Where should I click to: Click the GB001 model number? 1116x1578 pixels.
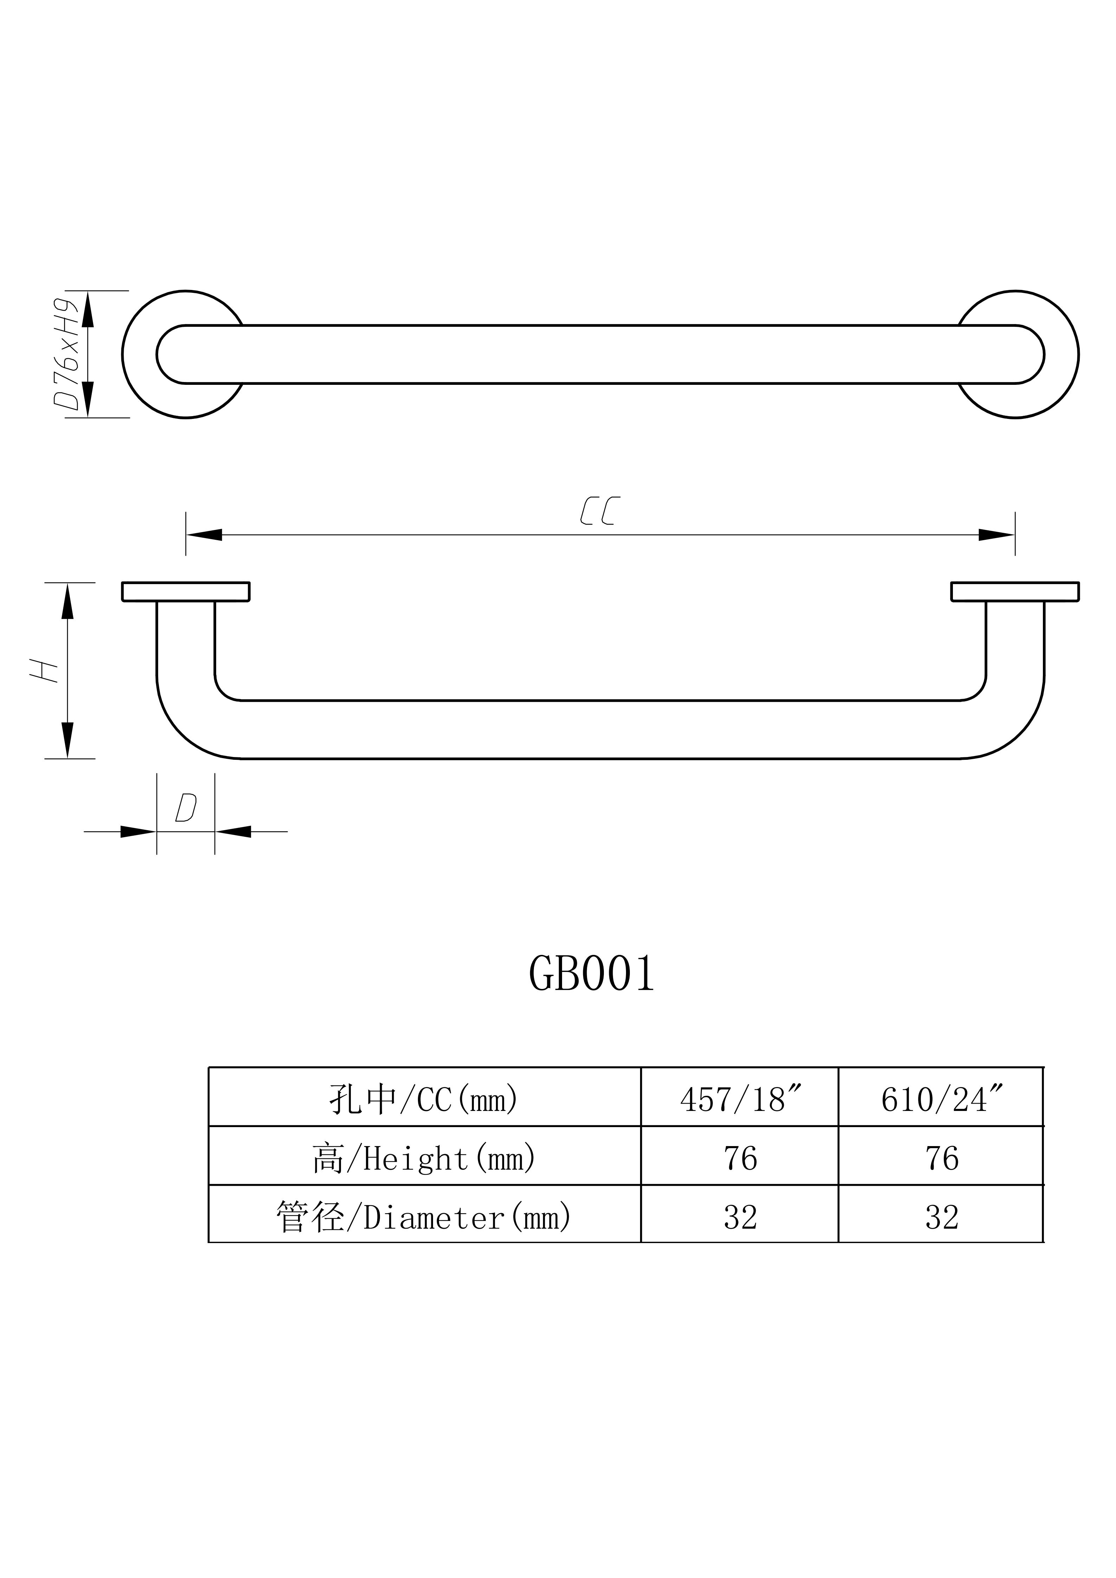click(592, 974)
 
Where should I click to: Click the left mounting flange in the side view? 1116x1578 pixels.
click(186, 592)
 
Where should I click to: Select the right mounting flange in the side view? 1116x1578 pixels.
click(1015, 592)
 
